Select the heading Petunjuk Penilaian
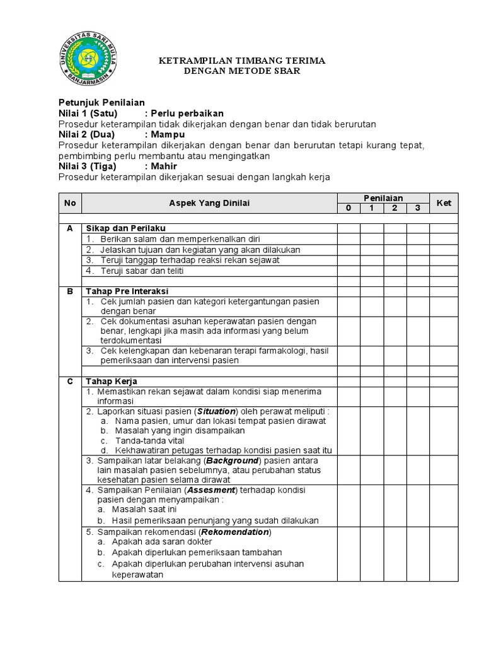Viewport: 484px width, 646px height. tap(101, 102)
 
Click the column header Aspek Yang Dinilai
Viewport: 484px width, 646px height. tap(209, 203)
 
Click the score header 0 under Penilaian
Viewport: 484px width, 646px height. tap(348, 208)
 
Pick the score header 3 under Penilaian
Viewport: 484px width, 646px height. tap(417, 208)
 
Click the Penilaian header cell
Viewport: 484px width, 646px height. tap(383, 198)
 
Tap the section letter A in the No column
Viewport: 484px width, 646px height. tap(70, 228)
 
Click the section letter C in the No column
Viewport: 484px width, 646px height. tap(70, 382)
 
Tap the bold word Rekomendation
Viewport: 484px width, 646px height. tap(239, 532)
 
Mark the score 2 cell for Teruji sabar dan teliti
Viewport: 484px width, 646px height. tap(395, 271)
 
